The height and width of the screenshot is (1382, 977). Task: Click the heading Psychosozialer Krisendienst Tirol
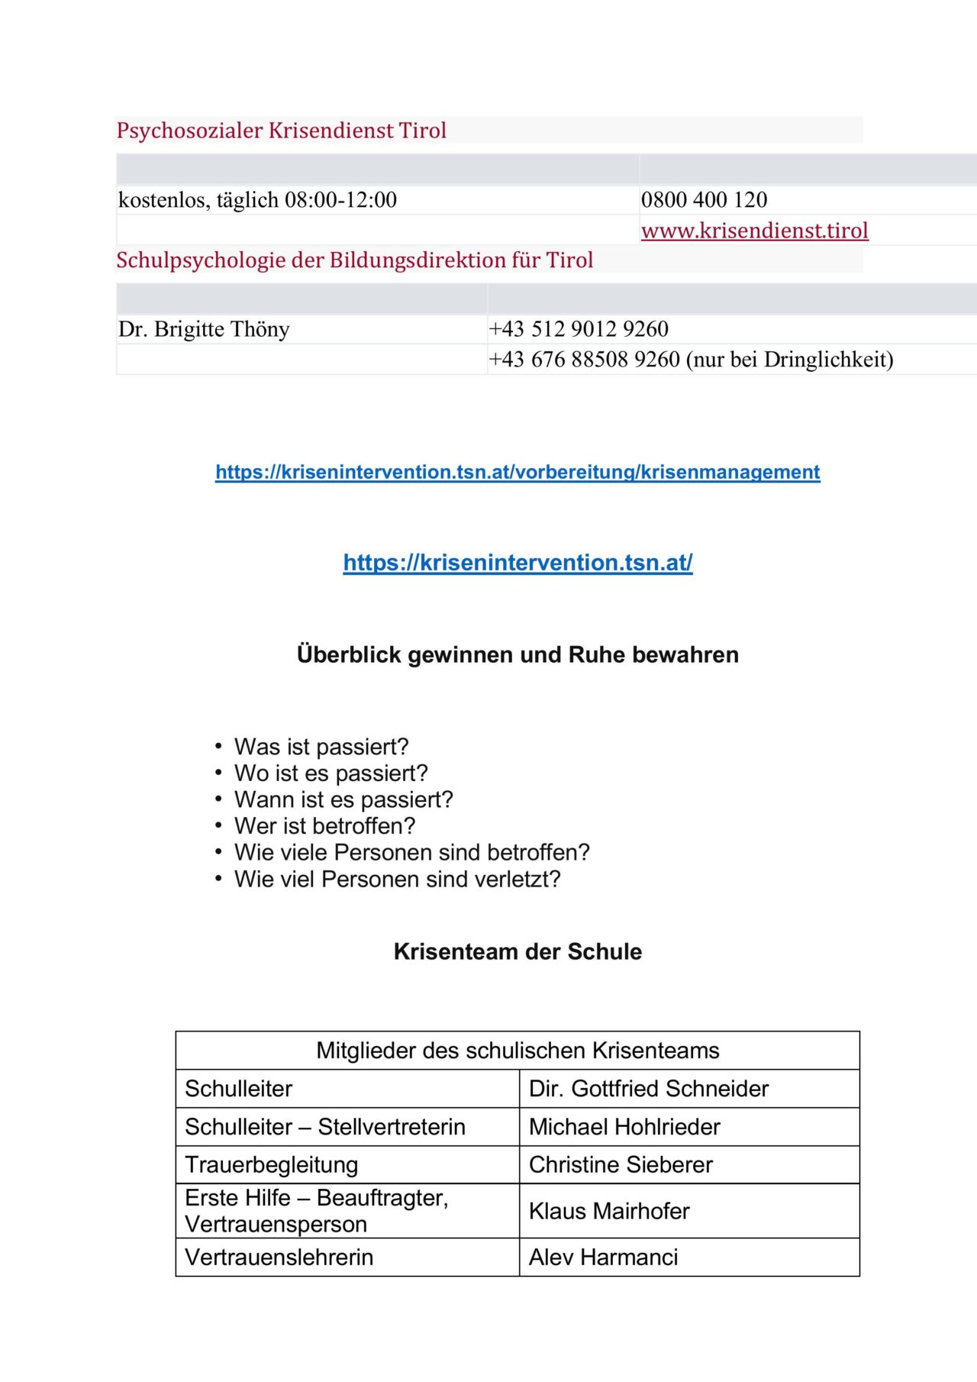[281, 131]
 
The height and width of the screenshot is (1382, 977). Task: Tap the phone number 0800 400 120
[704, 200]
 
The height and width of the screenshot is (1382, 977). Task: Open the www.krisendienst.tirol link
[754, 231]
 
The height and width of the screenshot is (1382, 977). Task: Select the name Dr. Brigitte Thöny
[204, 329]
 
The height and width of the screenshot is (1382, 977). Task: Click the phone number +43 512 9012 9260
[579, 329]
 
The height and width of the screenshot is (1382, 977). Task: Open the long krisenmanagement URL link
[518, 472]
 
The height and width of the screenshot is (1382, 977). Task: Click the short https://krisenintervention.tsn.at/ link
[518, 563]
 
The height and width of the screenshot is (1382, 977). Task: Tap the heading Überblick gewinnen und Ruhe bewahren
[518, 655]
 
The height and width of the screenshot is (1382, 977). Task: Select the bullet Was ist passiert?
[321, 747]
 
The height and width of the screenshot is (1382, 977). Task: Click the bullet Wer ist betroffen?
[324, 826]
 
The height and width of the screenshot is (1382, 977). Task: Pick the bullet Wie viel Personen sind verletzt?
[397, 880]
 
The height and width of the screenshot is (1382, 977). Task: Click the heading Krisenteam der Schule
[518, 952]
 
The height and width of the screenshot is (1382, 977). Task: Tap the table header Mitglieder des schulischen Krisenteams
[518, 1051]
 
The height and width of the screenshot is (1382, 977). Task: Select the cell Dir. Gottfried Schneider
[648, 1089]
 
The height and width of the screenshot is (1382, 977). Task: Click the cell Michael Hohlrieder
[624, 1127]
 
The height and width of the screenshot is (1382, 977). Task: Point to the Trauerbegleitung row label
[271, 1165]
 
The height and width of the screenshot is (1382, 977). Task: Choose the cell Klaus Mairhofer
[609, 1211]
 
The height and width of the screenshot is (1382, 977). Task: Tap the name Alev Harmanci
[603, 1258]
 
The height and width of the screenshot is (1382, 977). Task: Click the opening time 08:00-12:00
[340, 200]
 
